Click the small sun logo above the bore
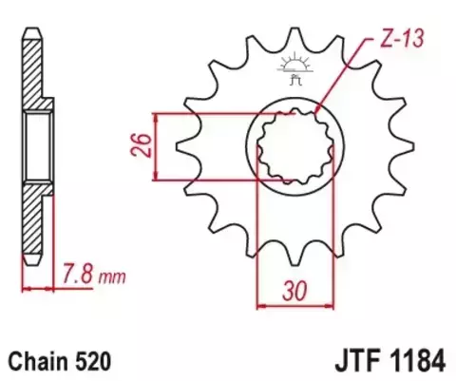(293, 65)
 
